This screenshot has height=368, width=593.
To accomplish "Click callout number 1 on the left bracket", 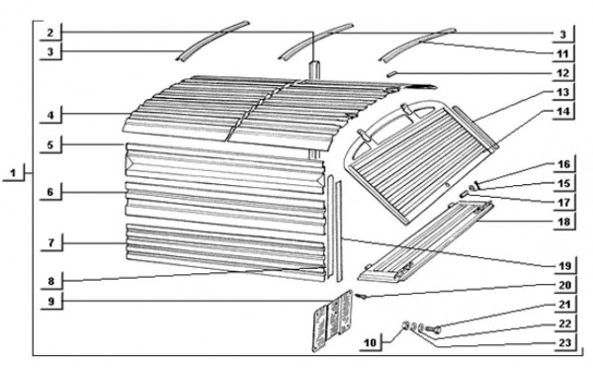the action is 13,174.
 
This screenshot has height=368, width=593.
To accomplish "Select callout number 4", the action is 50,115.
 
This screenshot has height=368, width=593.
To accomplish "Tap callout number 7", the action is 51,242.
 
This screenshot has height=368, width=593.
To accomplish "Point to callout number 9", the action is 51,302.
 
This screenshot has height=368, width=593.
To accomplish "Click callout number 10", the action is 371,342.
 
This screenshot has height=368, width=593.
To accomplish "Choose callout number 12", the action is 562,72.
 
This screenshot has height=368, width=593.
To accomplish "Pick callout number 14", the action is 563,112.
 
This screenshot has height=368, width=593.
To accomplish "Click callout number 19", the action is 564,266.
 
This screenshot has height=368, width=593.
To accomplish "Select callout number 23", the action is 564,343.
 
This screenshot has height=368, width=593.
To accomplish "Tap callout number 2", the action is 50,33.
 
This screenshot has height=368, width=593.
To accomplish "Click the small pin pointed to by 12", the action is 391,73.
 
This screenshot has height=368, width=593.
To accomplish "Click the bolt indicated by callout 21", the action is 434,329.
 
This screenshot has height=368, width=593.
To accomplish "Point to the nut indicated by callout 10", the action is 406,324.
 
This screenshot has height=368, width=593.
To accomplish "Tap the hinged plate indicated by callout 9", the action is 333,322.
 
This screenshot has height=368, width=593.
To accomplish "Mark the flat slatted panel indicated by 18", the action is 425,241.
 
